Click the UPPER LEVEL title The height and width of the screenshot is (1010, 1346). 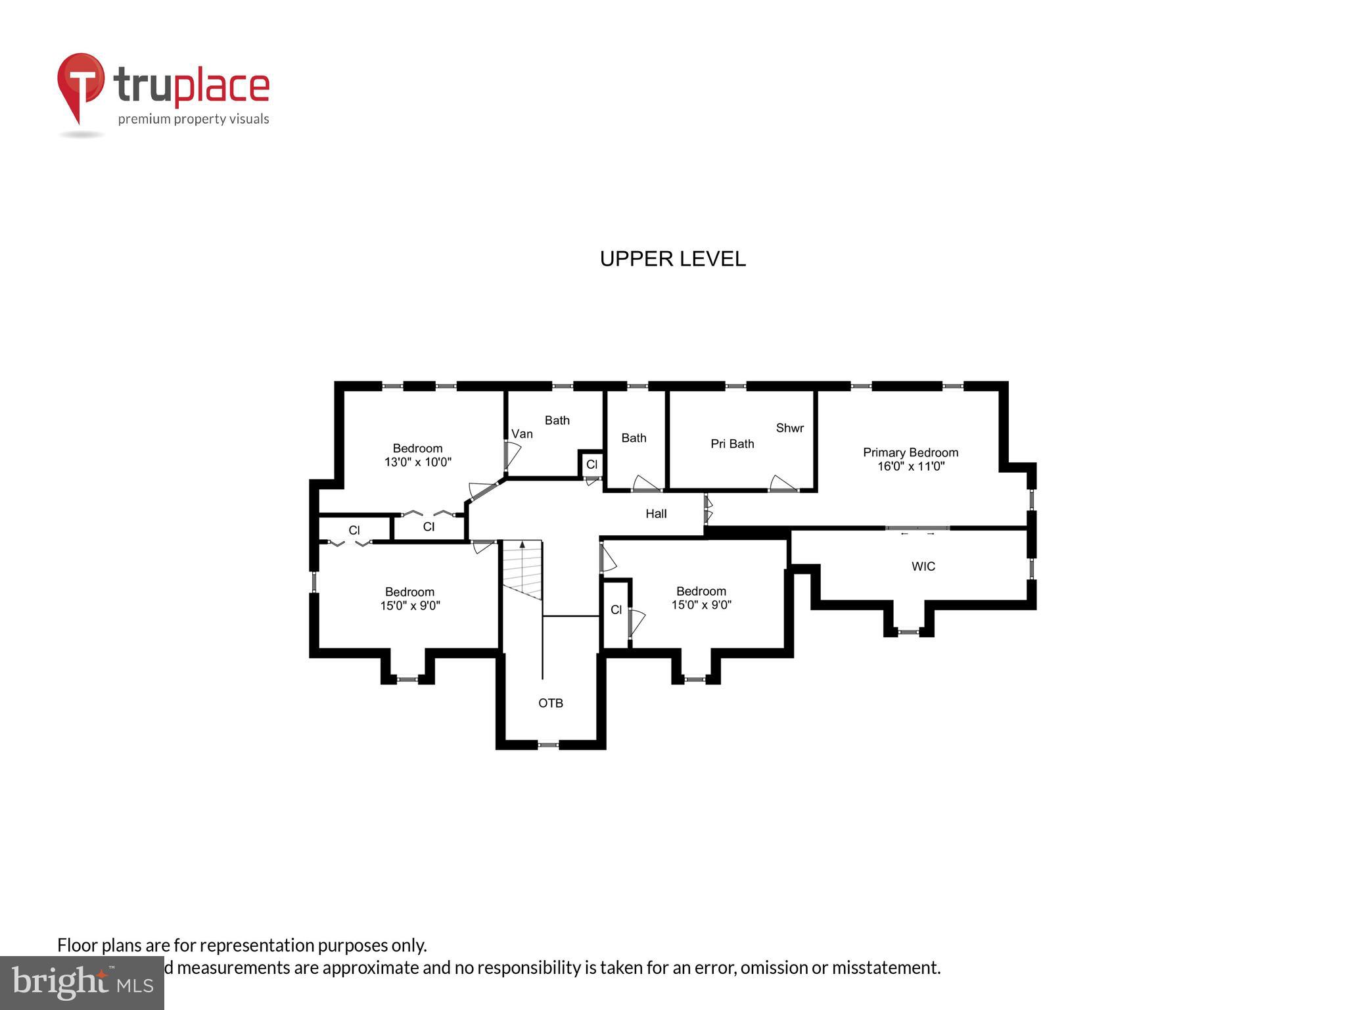coord(672,259)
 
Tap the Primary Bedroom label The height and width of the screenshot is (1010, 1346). coord(910,452)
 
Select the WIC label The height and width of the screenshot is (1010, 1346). coord(923,566)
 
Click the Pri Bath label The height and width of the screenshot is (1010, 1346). coord(732,444)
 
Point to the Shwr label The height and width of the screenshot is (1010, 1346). coord(789,428)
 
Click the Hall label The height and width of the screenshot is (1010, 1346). coord(656,514)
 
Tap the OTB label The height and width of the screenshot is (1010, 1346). coord(551,703)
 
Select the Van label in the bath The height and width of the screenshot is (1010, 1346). coord(522,434)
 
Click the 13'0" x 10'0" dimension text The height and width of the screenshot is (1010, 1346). coord(418,462)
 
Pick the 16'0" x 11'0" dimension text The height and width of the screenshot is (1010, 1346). coord(911,466)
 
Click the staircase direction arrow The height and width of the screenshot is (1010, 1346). coord(522,545)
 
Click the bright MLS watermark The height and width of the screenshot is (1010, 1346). coord(82,982)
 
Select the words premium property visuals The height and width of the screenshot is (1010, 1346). coord(193,119)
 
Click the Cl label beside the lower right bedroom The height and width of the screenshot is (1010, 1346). coord(616,610)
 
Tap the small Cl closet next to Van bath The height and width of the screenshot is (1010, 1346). coord(592,464)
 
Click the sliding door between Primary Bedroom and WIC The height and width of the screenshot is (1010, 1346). coord(917,528)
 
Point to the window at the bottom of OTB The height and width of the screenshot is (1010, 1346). coord(548,745)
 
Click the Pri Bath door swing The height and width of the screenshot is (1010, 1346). coord(782,484)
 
